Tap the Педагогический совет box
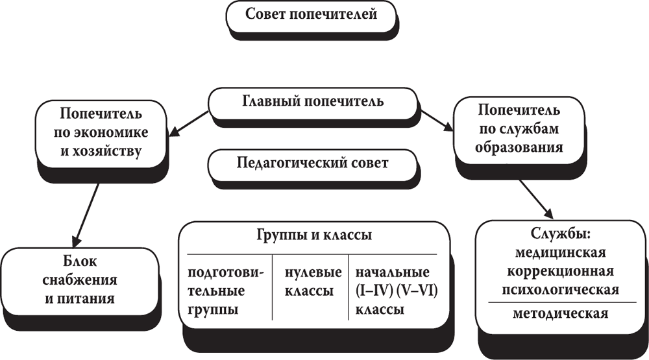tap(313, 163)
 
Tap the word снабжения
tap(80, 281)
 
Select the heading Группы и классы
tap(312, 235)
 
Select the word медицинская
tap(559, 253)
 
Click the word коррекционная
tap(559, 270)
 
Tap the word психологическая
tap(559, 289)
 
